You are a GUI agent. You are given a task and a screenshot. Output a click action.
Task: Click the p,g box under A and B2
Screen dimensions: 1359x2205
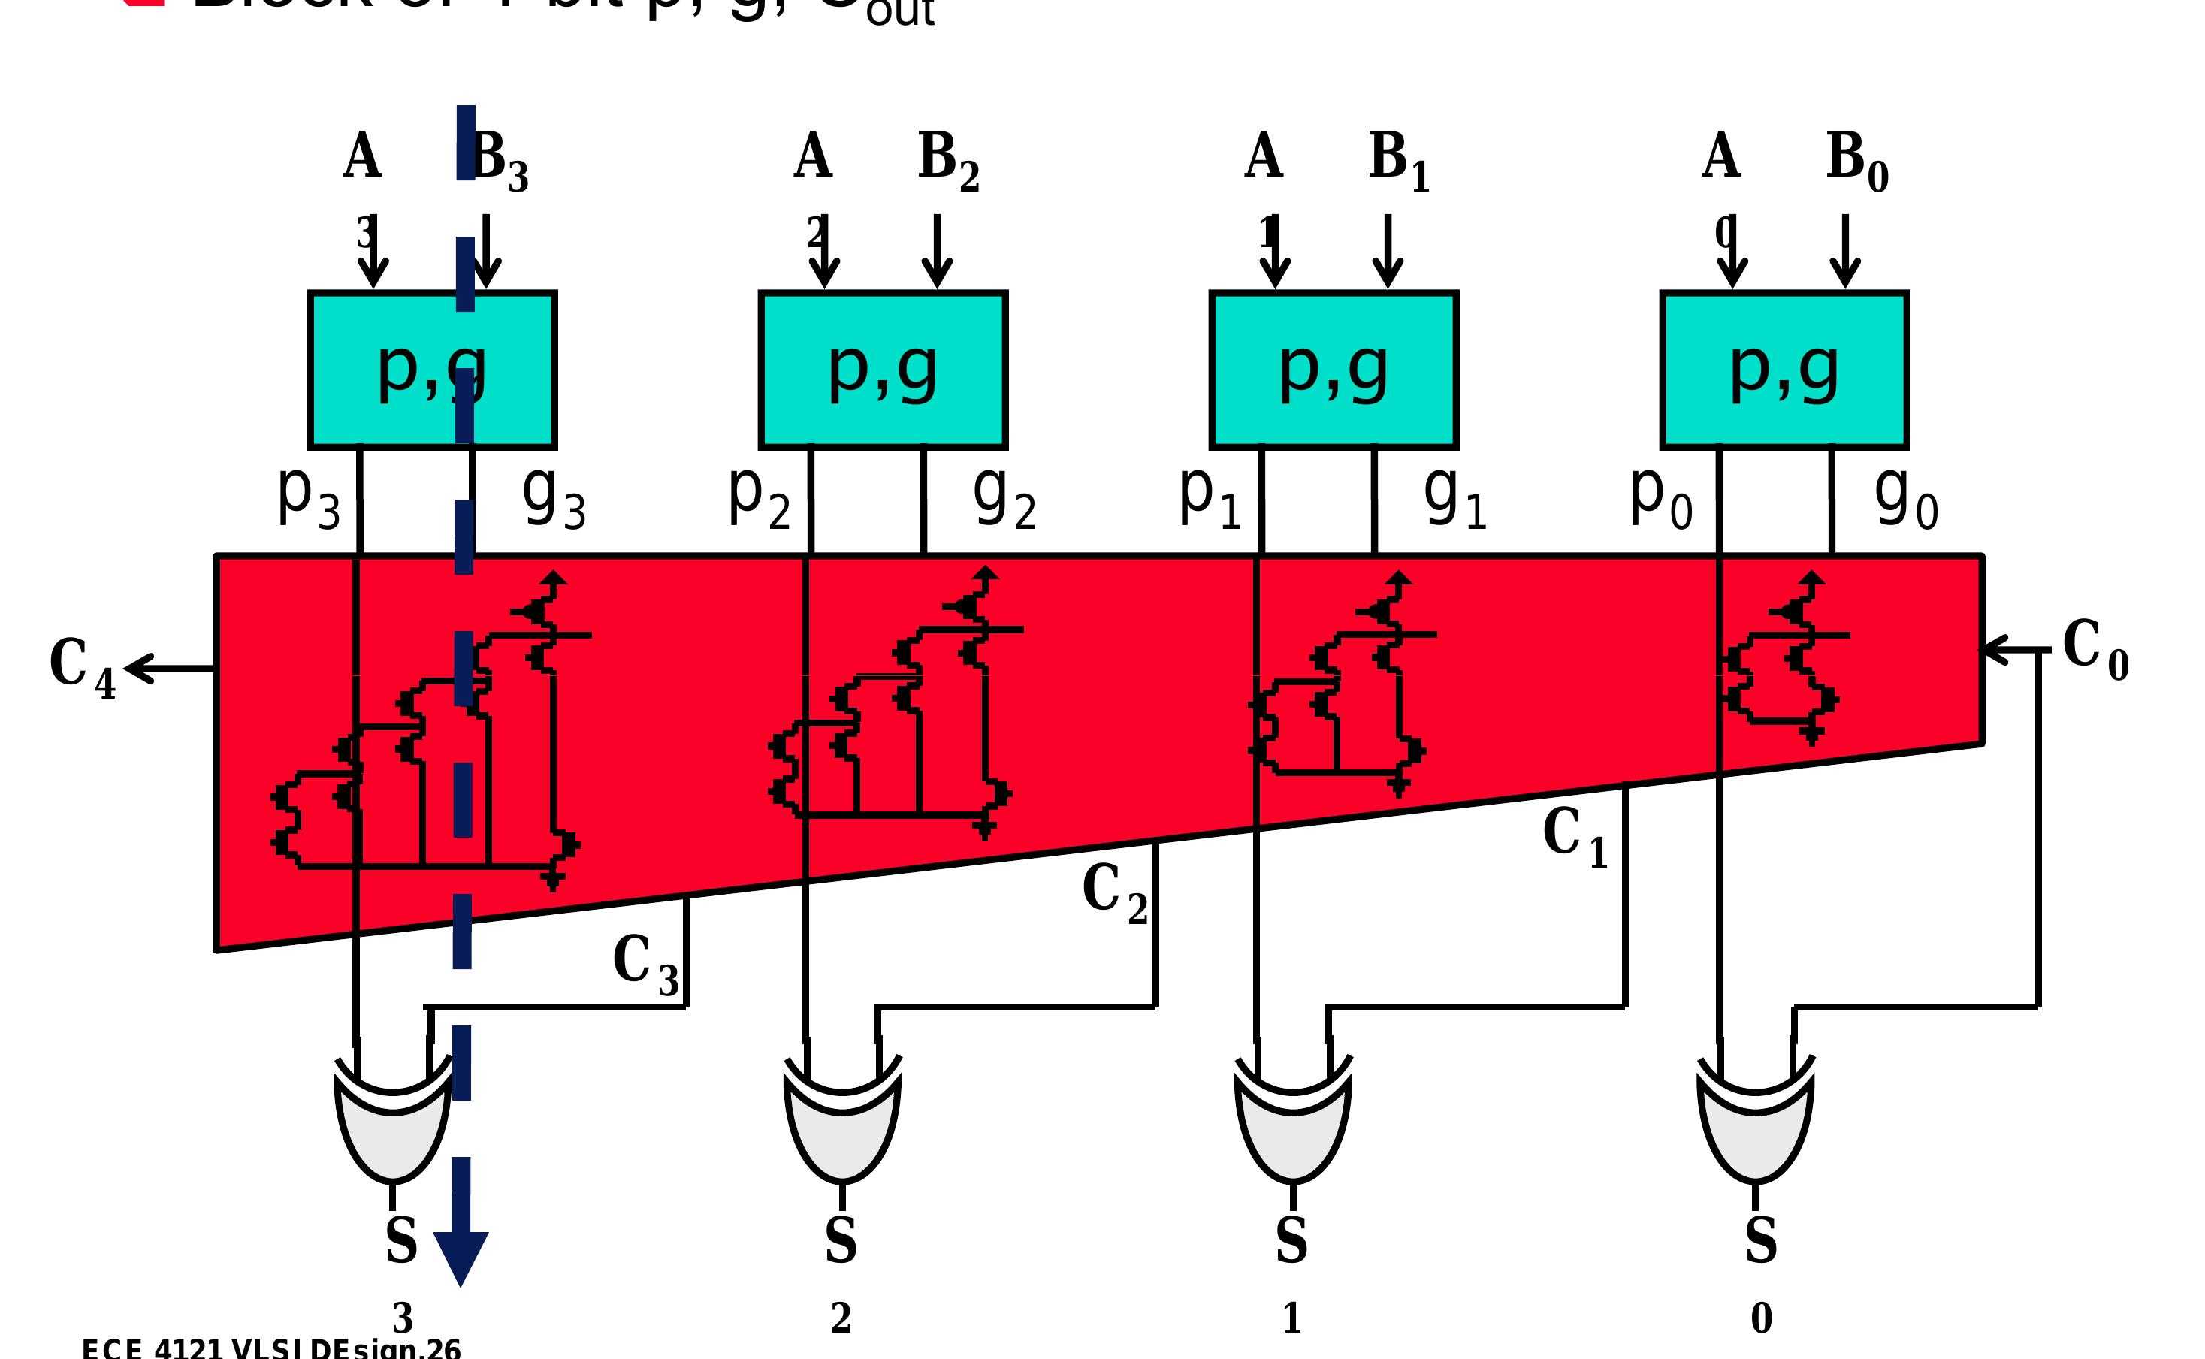(883, 370)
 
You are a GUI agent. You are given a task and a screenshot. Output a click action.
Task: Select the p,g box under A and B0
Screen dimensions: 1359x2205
(1784, 370)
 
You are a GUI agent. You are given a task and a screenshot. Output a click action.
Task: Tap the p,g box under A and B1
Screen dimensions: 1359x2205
(1334, 370)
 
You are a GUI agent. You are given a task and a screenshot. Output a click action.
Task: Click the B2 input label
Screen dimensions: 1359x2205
(948, 160)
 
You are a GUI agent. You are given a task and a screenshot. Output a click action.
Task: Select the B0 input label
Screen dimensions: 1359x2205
(1857, 160)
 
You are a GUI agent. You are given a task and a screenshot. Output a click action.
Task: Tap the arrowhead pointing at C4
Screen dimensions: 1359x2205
(139, 668)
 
